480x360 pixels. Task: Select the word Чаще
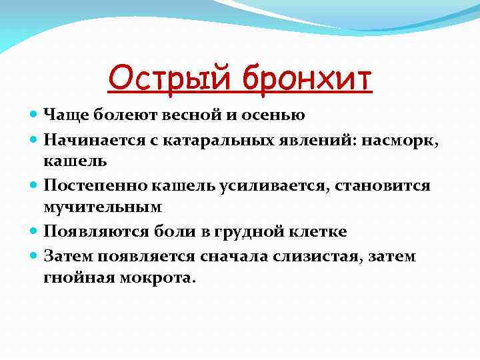click(x=62, y=115)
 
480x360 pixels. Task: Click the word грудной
click(x=240, y=231)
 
